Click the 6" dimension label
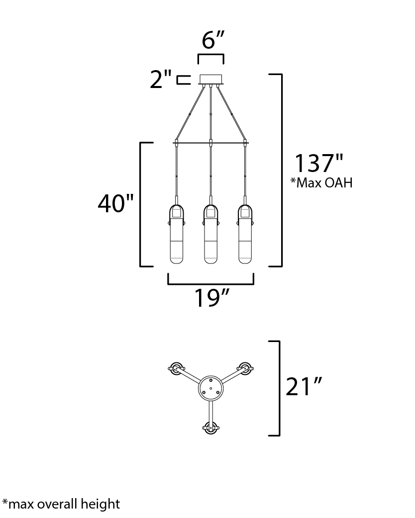coord(213,40)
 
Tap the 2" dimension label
coord(161,79)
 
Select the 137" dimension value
coord(319,164)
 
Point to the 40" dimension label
coord(116,203)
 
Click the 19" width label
coord(211,298)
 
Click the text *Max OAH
coord(321,182)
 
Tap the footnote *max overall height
coord(61,504)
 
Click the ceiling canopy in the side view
coord(211,80)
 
